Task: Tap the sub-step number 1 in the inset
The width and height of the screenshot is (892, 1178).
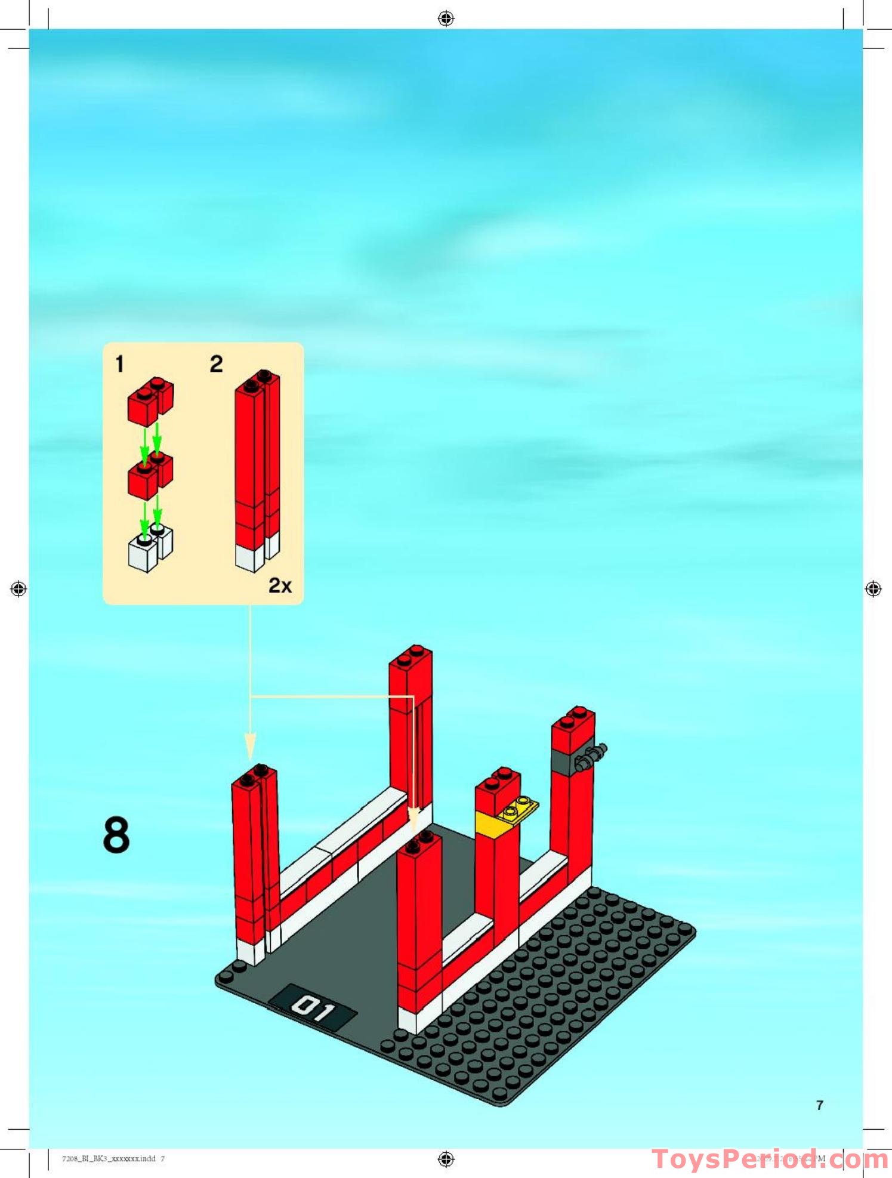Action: tap(120, 364)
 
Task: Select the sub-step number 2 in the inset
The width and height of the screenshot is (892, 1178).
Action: tap(216, 364)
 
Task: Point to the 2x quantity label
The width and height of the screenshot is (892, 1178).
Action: tap(280, 585)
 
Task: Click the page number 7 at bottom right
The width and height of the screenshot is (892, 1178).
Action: tap(820, 1105)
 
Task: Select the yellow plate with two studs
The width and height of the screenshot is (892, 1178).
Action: tap(518, 809)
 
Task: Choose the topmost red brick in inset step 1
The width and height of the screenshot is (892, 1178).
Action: tap(150, 400)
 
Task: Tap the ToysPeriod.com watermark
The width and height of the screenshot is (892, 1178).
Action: tap(770, 1160)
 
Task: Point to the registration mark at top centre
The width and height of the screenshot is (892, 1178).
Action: tap(446, 18)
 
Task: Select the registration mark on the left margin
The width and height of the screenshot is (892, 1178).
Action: tap(18, 589)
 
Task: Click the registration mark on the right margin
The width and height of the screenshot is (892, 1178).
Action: tap(873, 589)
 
